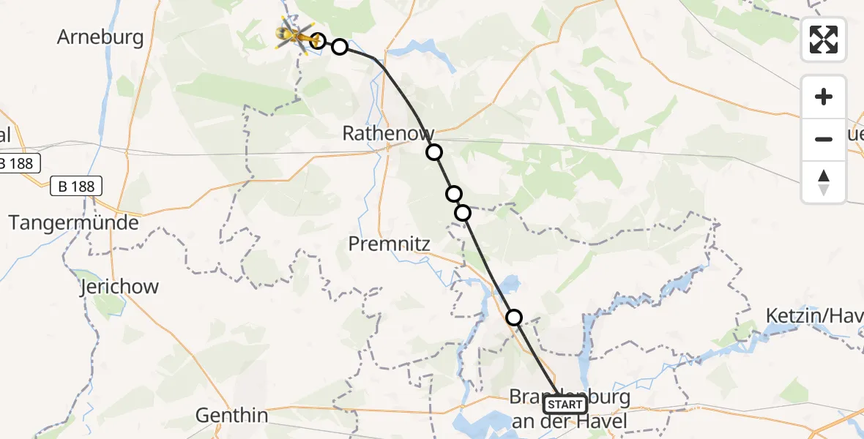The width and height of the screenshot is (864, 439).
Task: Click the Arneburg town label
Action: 100,37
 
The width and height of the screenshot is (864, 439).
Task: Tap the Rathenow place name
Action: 388,133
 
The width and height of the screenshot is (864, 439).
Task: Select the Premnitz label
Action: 389,244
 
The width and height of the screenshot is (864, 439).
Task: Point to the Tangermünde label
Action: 73,222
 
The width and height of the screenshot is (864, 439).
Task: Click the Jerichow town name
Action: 119,286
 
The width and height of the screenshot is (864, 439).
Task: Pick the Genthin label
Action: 231,416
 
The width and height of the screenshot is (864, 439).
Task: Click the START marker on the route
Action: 565,405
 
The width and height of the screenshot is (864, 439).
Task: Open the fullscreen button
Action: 824,40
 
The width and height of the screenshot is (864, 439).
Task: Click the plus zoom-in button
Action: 824,97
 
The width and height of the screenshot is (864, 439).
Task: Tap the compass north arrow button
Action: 824,181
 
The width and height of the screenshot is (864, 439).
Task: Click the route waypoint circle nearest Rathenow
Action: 434,152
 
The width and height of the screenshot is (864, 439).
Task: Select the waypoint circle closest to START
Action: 514,317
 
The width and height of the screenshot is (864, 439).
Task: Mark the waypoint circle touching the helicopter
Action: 317,40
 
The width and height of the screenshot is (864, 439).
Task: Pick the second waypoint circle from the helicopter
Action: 340,47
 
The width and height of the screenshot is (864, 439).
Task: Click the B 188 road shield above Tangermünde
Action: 77,187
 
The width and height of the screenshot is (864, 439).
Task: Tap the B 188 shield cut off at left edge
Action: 18,163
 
